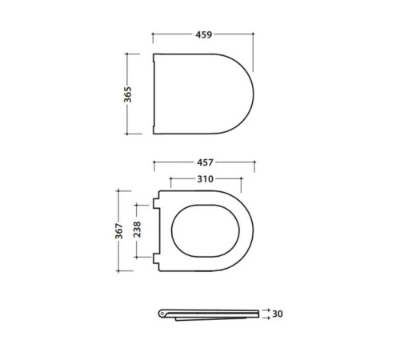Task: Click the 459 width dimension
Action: [204, 34]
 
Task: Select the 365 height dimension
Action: [128, 94]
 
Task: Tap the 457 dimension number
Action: [205, 162]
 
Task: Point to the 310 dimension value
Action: [205, 179]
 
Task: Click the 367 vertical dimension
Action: [119, 231]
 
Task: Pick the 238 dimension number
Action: [137, 230]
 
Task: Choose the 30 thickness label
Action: [278, 314]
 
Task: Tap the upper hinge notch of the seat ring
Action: [156, 203]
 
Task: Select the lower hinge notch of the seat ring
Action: [156, 258]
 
